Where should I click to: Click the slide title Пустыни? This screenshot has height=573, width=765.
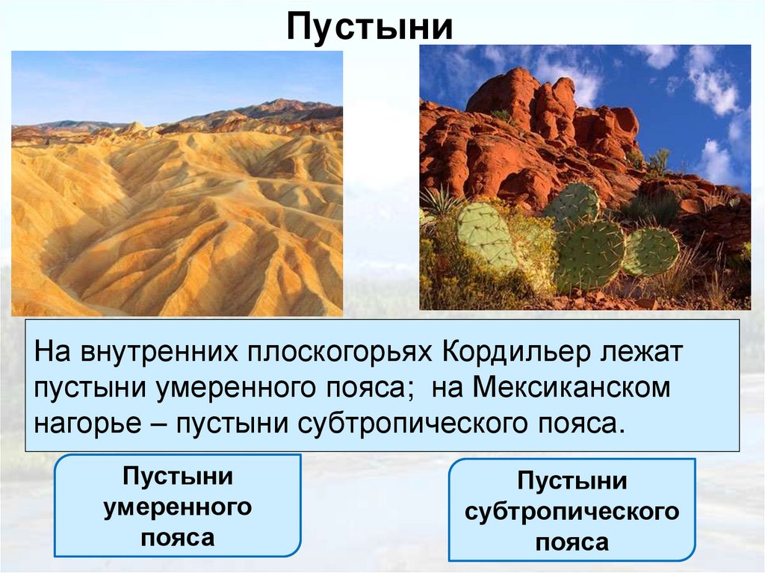pyautogui.click(x=370, y=27)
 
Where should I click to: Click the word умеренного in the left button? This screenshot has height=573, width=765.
pyautogui.click(x=178, y=508)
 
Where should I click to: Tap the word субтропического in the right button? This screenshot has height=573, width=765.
pyautogui.click(x=572, y=512)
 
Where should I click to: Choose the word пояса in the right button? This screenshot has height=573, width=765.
pyautogui.click(x=572, y=543)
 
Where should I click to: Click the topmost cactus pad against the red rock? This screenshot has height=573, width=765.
pyautogui.click(x=572, y=204)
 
